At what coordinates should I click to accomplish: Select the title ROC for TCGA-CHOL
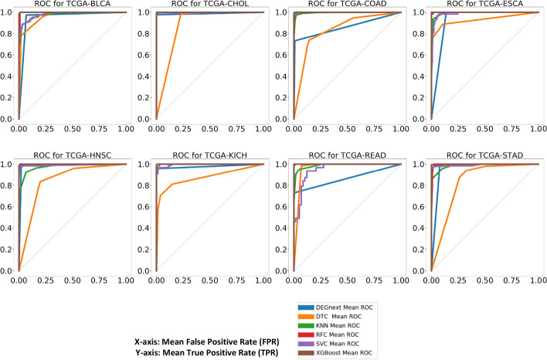pyautogui.click(x=210, y=5)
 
